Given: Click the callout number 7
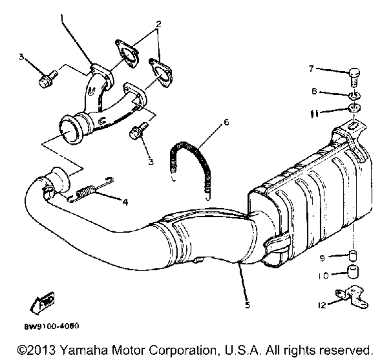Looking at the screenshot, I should click(x=311, y=69).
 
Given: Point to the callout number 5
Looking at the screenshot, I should click(x=248, y=305).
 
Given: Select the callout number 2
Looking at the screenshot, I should click(x=158, y=23).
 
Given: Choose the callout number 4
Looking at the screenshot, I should click(x=124, y=203).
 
